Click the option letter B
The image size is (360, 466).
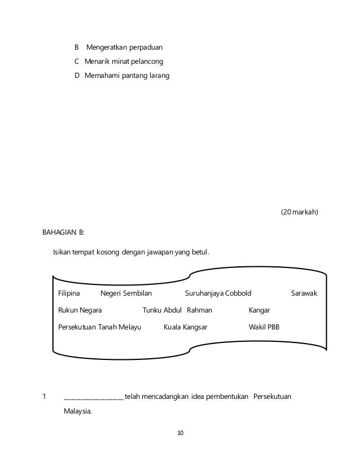(77, 46)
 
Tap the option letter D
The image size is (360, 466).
(77, 76)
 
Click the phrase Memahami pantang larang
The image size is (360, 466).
(126, 76)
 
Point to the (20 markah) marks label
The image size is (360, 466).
(299, 212)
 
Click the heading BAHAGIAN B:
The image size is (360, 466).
(63, 232)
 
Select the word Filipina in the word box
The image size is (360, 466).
(69, 293)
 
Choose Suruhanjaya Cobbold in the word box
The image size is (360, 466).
(218, 293)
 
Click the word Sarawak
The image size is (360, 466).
(304, 293)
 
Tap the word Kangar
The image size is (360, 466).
(259, 310)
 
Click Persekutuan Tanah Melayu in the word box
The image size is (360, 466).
(99, 327)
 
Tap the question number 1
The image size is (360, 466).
(45, 396)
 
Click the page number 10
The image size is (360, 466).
(180, 433)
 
